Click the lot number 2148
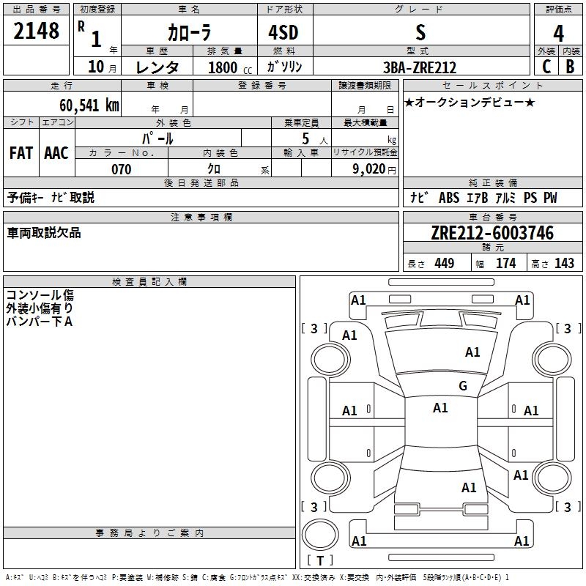point(37,31)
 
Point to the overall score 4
point(558,34)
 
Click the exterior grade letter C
point(546,67)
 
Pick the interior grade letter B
point(570,67)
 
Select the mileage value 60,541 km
point(84,105)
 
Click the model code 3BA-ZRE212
point(420,67)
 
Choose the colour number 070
point(121,169)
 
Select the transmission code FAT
point(21,153)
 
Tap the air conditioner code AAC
point(56,153)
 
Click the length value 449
point(444,264)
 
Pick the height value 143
point(564,264)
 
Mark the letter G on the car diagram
point(463,386)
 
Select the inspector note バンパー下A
point(40,321)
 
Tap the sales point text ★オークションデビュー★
point(470,102)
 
